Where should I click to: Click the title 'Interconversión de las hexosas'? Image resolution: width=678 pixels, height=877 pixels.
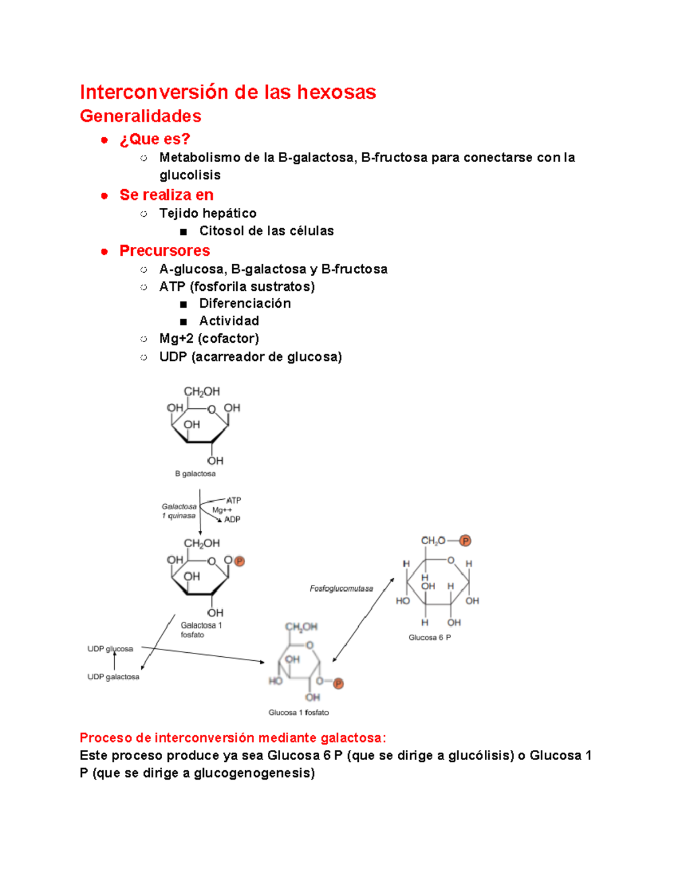[x=228, y=92]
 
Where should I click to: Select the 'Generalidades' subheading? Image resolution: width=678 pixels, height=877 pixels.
[x=140, y=116]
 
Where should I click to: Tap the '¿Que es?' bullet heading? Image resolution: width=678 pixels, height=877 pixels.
[x=155, y=139]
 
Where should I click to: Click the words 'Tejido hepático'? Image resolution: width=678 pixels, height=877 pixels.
[x=207, y=213]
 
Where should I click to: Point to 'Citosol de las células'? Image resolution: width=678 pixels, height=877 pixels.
[x=266, y=230]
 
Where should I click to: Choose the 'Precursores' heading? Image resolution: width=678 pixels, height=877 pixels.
[x=164, y=250]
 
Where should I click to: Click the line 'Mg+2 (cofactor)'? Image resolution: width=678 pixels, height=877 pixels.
[x=209, y=338]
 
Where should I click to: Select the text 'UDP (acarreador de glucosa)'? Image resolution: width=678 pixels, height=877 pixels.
[x=250, y=356]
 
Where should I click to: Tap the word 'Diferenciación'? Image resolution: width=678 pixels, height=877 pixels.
[x=245, y=303]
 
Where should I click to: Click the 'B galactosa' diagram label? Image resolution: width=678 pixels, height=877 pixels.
[x=195, y=474]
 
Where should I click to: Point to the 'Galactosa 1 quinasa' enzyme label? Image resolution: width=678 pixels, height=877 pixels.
[x=179, y=511]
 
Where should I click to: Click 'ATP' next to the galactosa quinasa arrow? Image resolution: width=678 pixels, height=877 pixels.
[x=233, y=500]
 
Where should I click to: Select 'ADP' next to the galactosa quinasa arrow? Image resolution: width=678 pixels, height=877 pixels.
[x=232, y=520]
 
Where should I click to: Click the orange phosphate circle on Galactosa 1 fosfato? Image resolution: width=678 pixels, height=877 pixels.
[x=239, y=561]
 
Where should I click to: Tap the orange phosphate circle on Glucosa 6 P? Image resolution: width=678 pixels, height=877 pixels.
[x=465, y=541]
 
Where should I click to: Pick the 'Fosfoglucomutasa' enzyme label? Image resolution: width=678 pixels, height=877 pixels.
[x=341, y=588]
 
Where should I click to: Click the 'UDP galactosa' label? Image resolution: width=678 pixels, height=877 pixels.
[x=113, y=677]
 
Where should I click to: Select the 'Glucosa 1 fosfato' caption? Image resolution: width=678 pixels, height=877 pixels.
[x=298, y=713]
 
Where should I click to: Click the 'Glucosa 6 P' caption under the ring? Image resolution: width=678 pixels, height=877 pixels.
[x=429, y=638]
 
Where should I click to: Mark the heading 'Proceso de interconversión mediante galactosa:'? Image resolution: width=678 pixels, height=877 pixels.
[x=233, y=738]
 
